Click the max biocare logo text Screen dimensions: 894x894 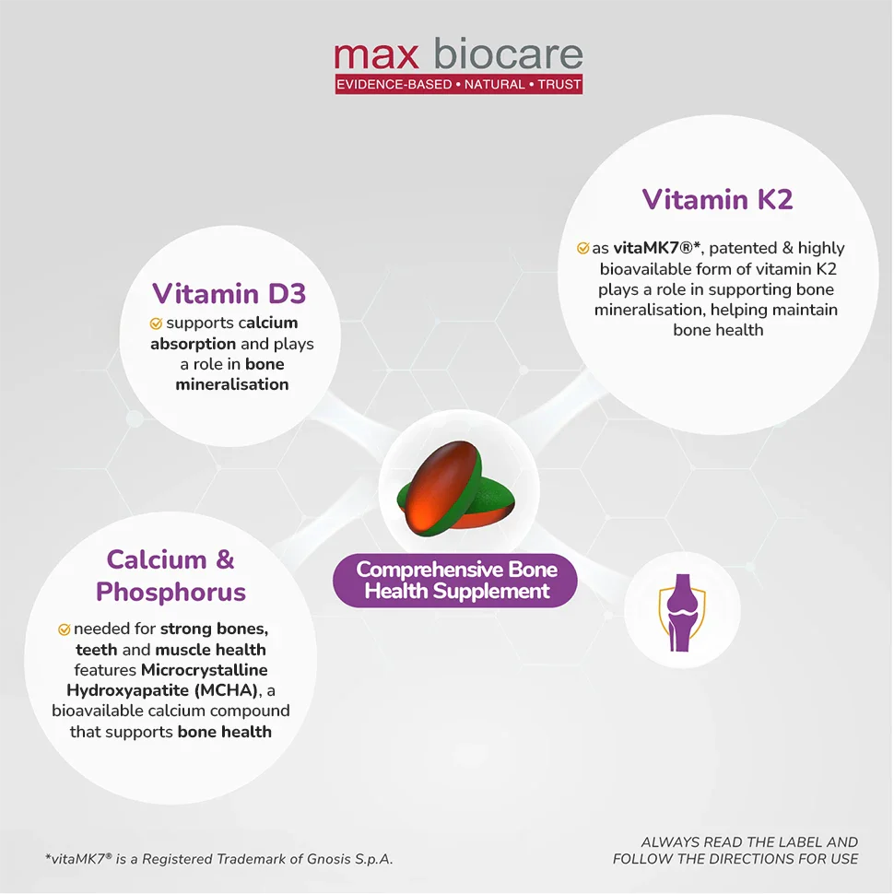(458, 54)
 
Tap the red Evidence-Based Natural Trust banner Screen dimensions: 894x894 (458, 85)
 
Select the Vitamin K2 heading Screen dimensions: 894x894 (717, 200)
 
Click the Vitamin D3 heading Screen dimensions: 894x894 (229, 293)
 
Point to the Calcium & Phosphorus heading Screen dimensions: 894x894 (171, 575)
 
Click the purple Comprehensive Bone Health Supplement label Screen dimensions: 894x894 (455, 581)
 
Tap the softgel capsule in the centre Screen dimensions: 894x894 (455, 488)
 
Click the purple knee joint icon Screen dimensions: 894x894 (682, 612)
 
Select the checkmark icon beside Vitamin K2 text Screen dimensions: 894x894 (582, 248)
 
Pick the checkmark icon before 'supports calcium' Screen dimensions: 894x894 (156, 323)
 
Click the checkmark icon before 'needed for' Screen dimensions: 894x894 (64, 629)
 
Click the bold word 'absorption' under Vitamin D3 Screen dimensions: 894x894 (194, 344)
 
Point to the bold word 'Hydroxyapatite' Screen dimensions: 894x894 (128, 690)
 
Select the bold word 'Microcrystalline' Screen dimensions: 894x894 (205, 670)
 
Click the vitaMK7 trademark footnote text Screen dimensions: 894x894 (219, 859)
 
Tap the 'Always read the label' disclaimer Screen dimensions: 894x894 (735, 850)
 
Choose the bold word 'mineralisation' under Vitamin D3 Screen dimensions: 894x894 (232, 385)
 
